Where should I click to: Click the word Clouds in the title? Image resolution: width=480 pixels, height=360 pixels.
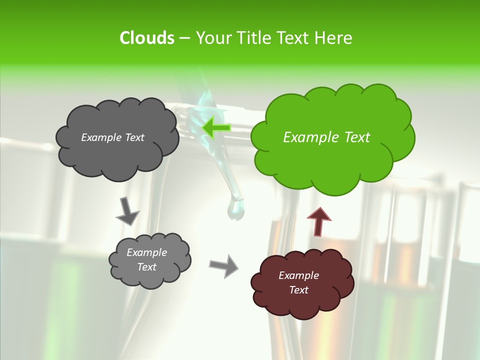(x=146, y=38)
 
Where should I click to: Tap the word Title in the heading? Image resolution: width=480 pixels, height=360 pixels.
(x=253, y=38)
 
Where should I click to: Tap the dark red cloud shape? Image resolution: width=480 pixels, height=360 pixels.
(x=302, y=300)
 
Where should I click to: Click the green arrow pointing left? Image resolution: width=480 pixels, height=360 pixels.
(x=216, y=127)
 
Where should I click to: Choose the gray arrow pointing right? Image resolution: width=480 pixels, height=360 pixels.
(x=224, y=265)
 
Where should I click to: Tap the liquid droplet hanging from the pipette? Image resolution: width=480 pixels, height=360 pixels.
(x=235, y=209)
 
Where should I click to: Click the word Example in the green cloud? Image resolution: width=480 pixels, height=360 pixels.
(x=306, y=137)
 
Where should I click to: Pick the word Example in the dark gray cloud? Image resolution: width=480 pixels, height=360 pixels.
(x=100, y=137)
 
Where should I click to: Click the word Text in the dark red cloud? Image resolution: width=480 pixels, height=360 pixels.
(x=298, y=290)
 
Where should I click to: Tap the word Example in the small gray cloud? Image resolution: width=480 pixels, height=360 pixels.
(x=146, y=253)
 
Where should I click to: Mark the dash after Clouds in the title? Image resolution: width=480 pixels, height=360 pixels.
(x=184, y=38)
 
